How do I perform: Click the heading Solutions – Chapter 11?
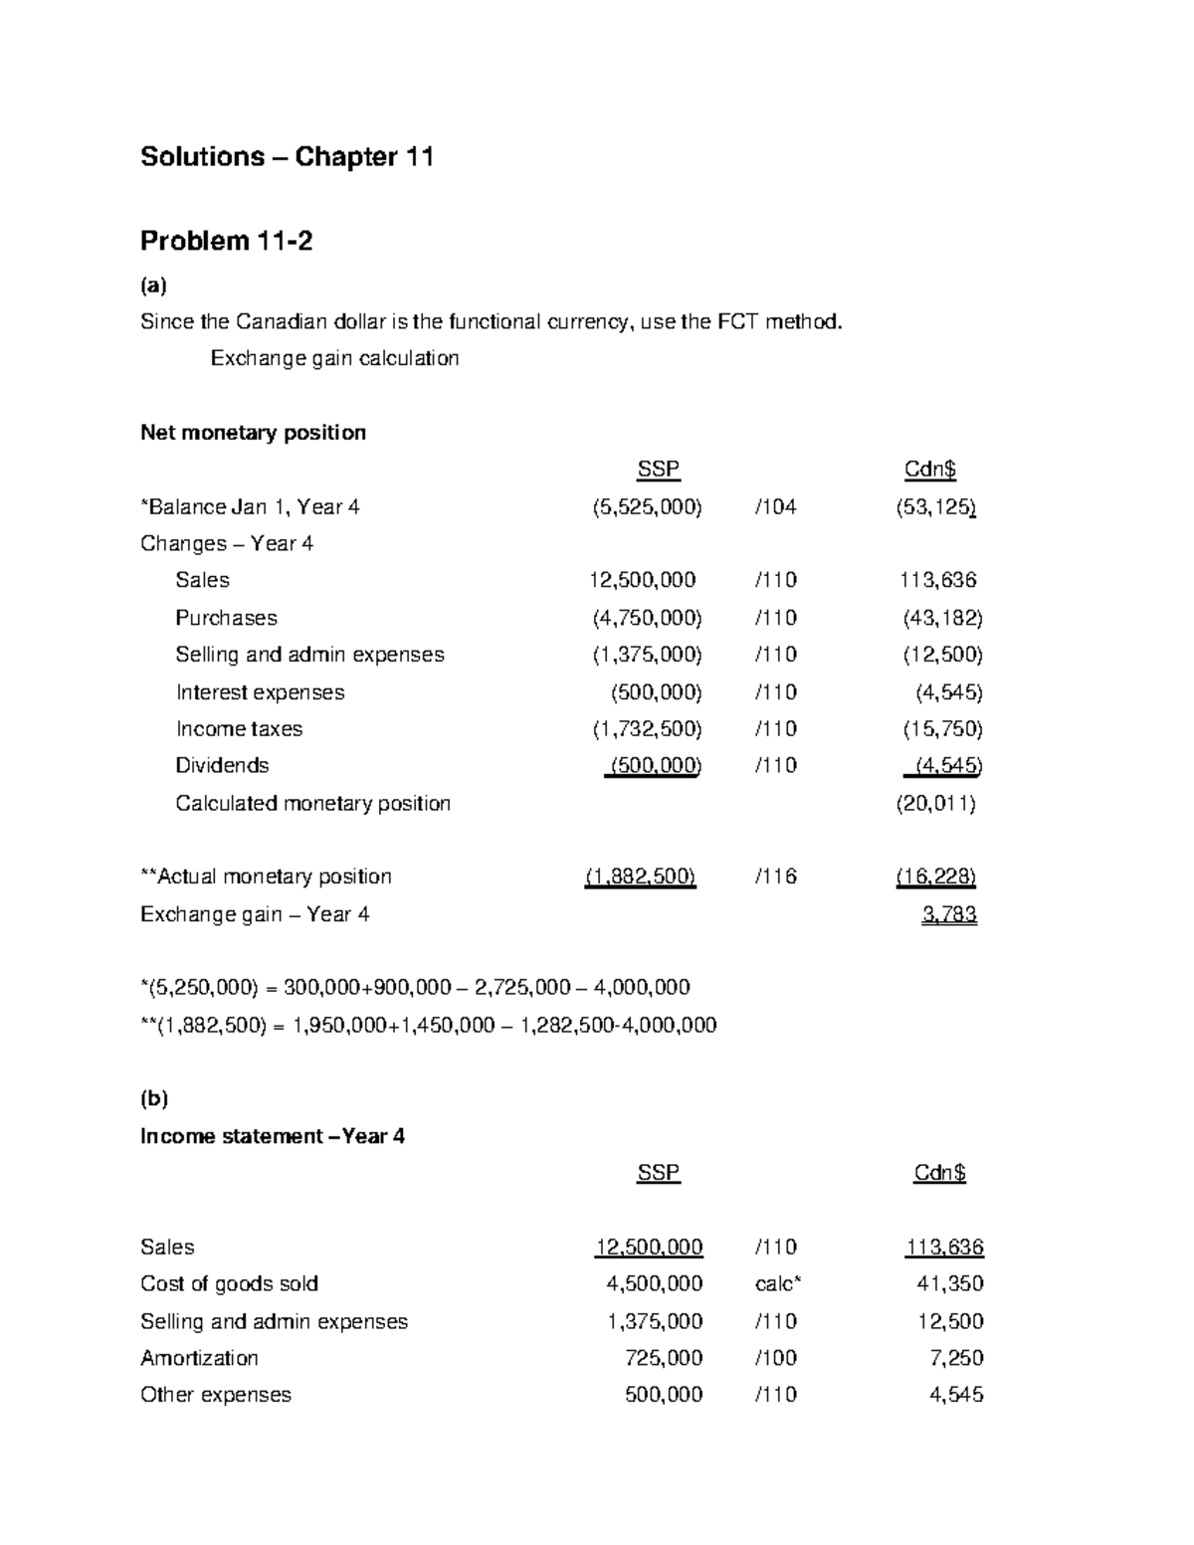pos(287,157)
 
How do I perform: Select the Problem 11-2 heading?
pos(226,241)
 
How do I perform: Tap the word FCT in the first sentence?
pos(736,322)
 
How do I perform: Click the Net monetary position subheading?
pos(253,433)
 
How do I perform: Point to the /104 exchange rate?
pos(776,507)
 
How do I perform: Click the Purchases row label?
pos(226,618)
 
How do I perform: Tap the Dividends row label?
pos(222,766)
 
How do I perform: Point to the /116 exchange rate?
pos(776,876)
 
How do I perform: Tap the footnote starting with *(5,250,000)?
pos(415,988)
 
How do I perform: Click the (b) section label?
pos(154,1098)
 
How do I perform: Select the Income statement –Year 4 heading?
pos(273,1136)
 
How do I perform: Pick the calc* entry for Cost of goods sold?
pos(777,1284)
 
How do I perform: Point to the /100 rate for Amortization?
pos(776,1358)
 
